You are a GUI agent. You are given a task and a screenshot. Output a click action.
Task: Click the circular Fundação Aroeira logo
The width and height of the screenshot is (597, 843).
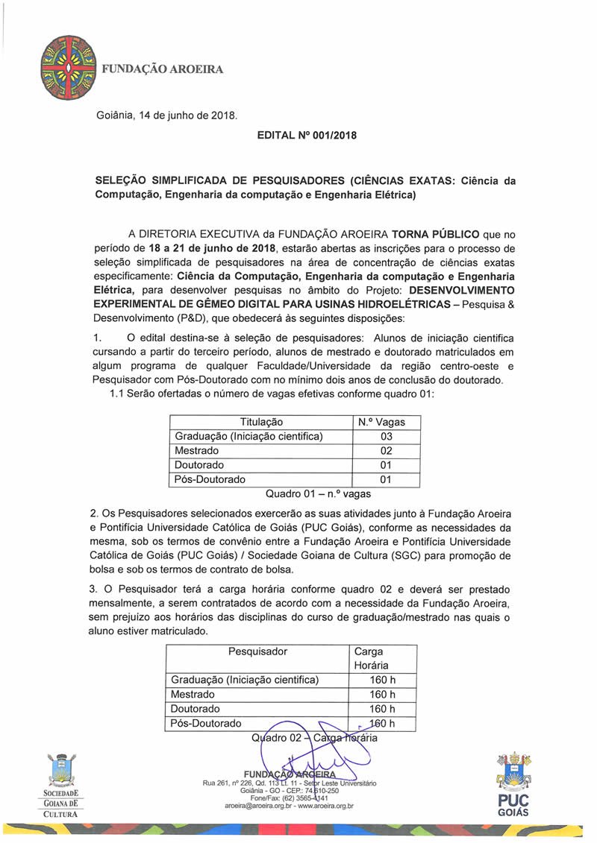[x=67, y=69]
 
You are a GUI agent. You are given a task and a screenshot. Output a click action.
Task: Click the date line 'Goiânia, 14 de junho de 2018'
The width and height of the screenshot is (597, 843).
[x=166, y=115]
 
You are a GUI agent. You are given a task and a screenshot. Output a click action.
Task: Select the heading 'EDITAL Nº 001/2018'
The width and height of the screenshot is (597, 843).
[x=307, y=136]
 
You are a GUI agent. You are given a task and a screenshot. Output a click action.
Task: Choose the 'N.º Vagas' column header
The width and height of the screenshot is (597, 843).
[x=386, y=423]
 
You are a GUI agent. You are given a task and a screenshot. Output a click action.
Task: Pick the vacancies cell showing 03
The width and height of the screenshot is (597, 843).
[x=386, y=437]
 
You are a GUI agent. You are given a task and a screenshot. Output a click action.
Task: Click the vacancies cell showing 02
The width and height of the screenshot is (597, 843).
[x=386, y=451]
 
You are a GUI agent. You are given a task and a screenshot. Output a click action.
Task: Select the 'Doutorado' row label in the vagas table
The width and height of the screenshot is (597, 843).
[x=199, y=465]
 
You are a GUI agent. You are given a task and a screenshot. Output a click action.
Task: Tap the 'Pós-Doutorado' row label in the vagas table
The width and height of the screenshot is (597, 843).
[x=210, y=479]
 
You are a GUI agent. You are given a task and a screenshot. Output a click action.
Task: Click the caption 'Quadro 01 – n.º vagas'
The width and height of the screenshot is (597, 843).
[x=318, y=493]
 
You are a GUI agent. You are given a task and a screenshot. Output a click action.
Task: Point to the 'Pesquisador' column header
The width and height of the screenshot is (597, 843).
[x=257, y=651]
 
